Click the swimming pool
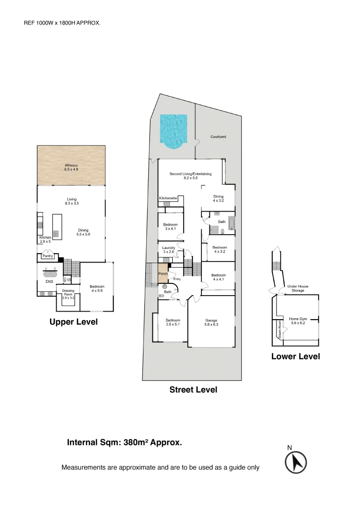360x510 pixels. pos(173,130)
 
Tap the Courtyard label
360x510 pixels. pos(218,137)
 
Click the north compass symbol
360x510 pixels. pos(296,461)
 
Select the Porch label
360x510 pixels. pos(163,274)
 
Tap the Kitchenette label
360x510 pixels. pos(168,198)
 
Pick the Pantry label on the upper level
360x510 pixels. pos(47,256)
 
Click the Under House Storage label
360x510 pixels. pos(298,289)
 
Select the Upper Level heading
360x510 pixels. pos(74,322)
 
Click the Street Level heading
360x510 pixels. pos(193,390)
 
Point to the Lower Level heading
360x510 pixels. pos(295,357)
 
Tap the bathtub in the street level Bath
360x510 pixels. pos(231,223)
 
